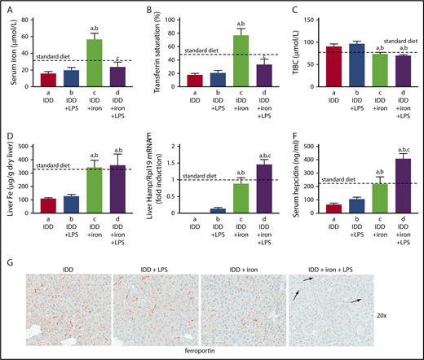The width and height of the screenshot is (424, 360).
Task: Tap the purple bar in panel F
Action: pyautogui.click(x=402, y=196)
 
